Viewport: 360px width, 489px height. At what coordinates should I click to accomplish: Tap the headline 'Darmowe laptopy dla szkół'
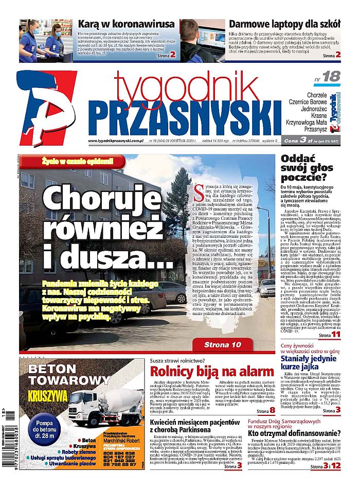284,24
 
